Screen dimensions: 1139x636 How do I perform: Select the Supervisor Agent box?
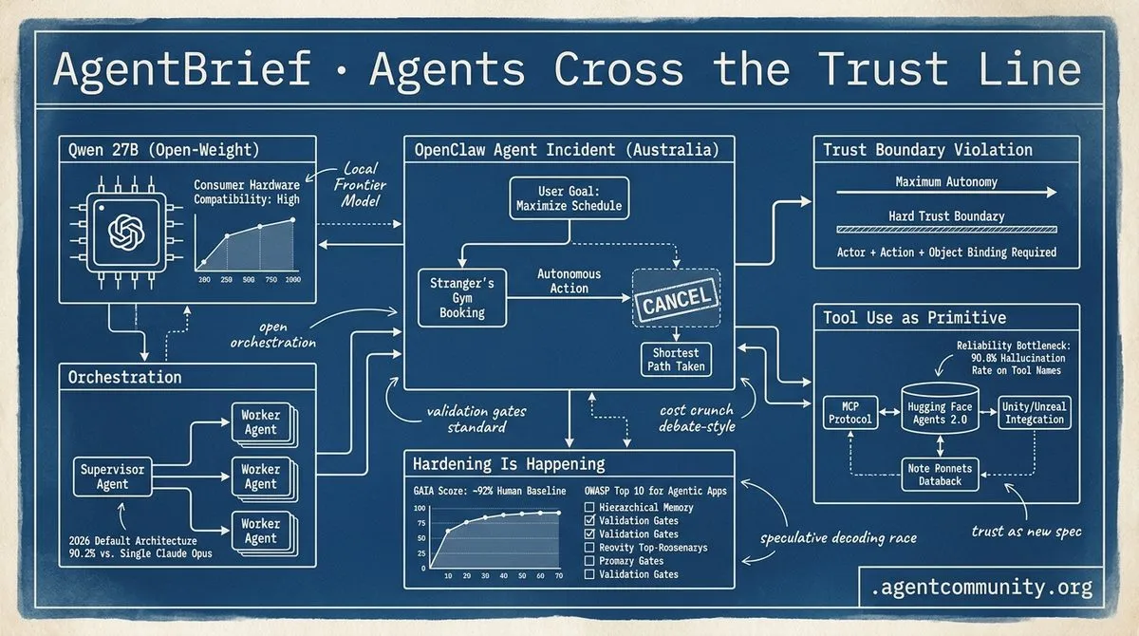[x=112, y=477]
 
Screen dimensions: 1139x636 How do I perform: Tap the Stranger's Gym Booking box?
[x=462, y=298]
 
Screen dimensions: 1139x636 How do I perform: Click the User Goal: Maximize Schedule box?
[x=569, y=198]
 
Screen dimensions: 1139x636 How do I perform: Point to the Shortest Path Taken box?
[x=676, y=360]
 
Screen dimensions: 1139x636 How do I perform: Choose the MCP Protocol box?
[x=850, y=413]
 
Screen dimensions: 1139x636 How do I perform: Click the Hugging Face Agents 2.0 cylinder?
[x=940, y=410]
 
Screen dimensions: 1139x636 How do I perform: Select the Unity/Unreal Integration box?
[x=1034, y=413]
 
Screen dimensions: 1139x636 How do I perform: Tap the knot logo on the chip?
[x=126, y=233]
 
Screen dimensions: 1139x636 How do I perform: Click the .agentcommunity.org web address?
[x=981, y=588]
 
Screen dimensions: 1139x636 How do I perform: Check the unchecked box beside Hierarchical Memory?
[x=589, y=507]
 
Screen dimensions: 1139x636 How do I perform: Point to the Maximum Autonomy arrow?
[x=946, y=192]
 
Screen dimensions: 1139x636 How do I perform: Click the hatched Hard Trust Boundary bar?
[x=946, y=230]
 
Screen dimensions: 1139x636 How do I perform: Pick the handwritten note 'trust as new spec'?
[x=1026, y=532]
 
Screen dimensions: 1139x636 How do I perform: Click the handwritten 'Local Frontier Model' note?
[x=360, y=184]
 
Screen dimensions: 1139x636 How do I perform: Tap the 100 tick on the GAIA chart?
[x=420, y=508]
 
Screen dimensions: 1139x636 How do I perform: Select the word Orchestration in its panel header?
[x=124, y=377]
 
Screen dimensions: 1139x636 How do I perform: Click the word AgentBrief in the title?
[x=182, y=69]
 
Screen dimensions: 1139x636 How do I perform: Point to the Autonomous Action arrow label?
[x=569, y=281]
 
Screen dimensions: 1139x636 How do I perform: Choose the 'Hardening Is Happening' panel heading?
[x=509, y=464]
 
